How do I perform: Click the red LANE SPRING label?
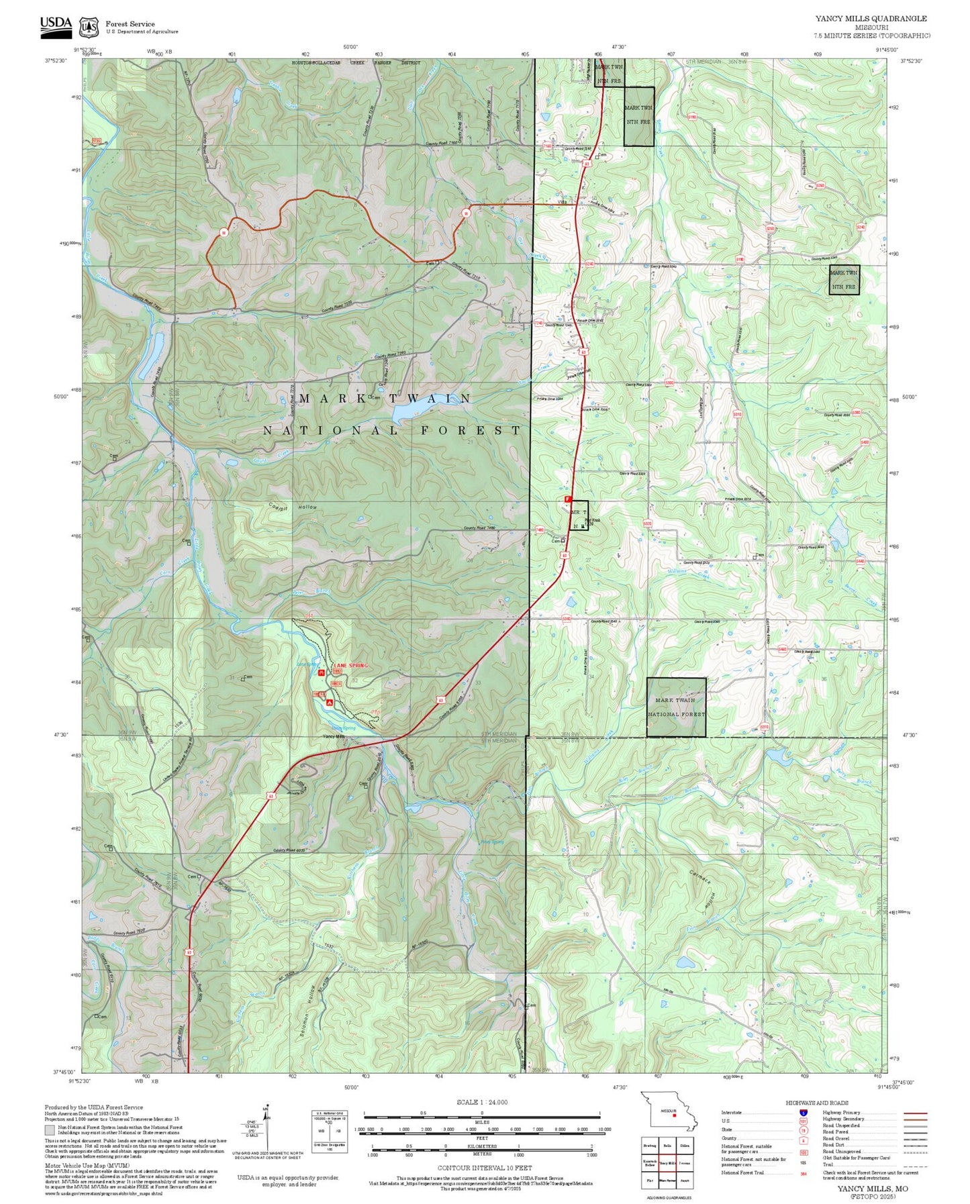point(351,665)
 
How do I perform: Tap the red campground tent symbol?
point(330,702)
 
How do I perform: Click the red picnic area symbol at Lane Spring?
point(322,672)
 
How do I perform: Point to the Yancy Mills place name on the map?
point(334,736)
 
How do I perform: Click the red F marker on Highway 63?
point(567,499)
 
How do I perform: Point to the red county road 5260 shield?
point(820,185)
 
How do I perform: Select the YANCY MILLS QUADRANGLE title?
point(871,19)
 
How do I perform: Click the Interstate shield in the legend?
point(803,1112)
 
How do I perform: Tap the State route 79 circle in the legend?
point(803,1130)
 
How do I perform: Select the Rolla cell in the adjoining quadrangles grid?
point(667,1146)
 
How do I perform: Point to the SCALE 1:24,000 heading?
point(482,1102)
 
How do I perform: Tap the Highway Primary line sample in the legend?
point(914,1113)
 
